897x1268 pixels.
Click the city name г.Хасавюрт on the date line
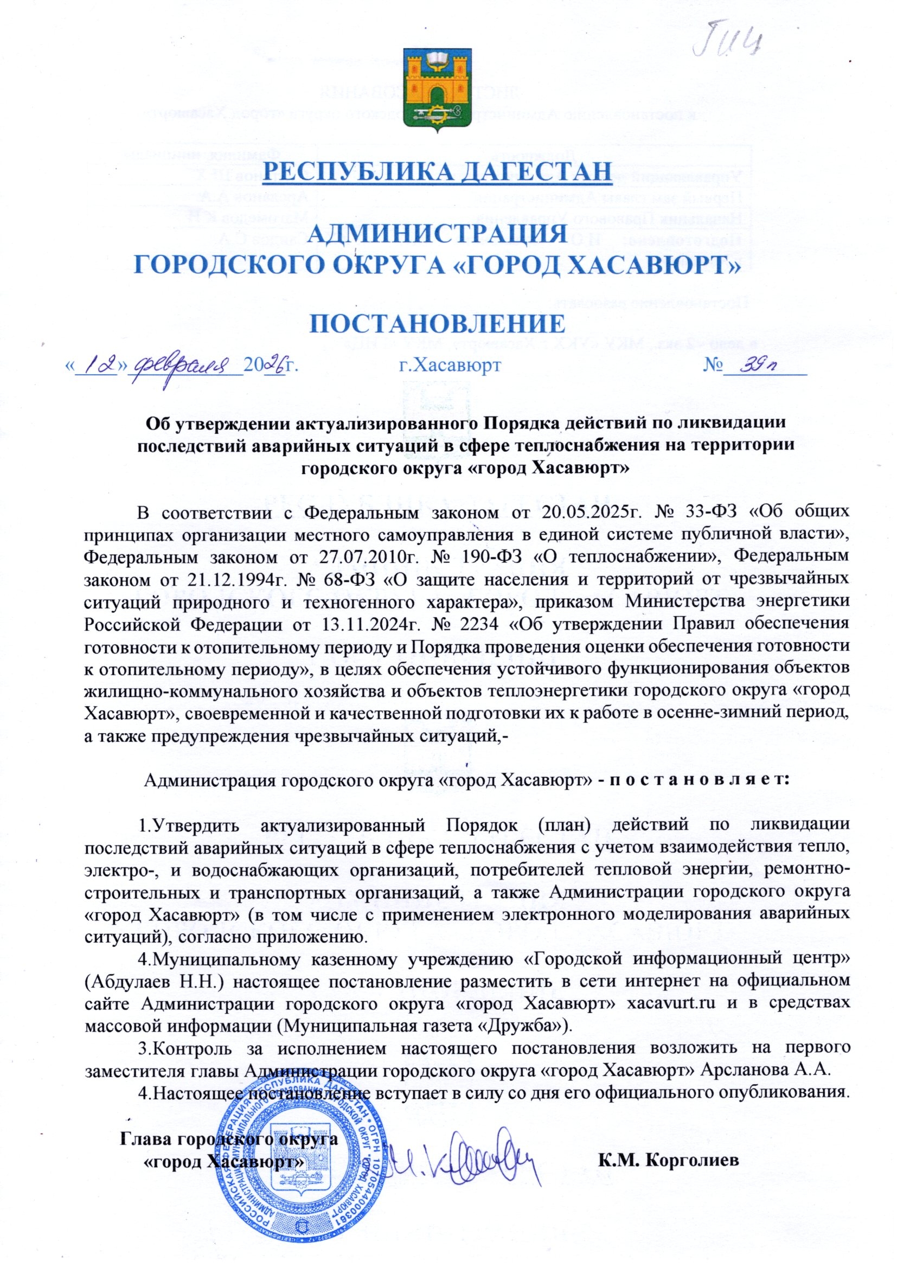click(450, 365)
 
